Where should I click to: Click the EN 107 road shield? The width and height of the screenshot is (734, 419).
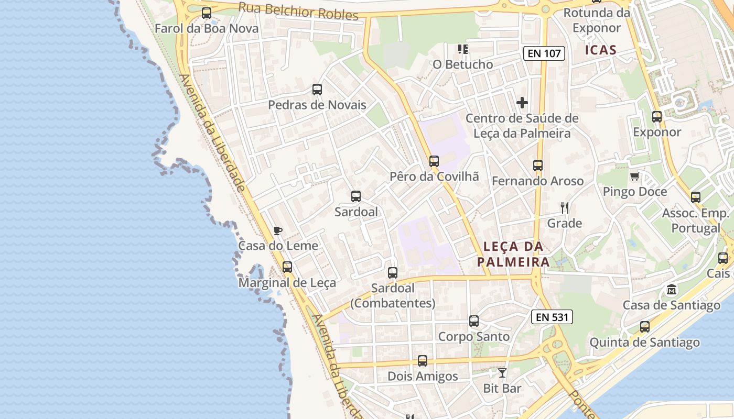(544, 53)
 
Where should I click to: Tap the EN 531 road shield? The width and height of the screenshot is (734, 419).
(552, 317)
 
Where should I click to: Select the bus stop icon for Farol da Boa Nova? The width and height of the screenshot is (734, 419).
(207, 13)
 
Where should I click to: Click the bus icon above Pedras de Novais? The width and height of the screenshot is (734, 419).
(317, 90)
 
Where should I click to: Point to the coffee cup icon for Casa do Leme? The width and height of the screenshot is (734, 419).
(278, 230)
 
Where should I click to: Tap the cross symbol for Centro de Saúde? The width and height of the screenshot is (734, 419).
(522, 103)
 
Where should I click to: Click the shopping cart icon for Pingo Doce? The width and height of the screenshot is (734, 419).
(634, 177)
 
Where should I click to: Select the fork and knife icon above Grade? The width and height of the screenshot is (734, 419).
(565, 208)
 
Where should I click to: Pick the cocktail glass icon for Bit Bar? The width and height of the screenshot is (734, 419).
(502, 373)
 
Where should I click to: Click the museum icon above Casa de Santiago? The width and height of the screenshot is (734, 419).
(672, 290)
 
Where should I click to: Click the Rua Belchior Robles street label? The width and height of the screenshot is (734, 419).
(298, 11)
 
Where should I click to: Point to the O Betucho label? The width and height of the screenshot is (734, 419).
(462, 64)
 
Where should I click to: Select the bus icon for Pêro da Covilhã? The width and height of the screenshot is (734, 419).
(434, 161)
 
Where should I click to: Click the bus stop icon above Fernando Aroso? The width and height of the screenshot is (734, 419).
(538, 166)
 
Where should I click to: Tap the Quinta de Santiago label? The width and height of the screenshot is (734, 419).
(644, 343)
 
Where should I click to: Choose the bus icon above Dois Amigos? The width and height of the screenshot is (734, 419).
(423, 361)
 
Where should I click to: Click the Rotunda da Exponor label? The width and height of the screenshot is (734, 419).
(596, 20)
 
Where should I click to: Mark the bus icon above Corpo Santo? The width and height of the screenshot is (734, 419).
(474, 321)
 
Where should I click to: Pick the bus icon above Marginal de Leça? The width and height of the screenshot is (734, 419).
(287, 267)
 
